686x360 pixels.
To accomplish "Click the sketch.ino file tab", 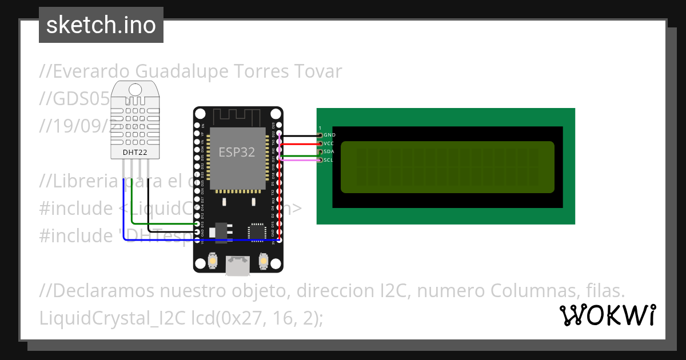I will (101, 25).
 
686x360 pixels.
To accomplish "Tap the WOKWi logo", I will (607, 315).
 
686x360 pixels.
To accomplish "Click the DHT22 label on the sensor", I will (135, 153).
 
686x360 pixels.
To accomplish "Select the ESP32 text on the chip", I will (237, 153).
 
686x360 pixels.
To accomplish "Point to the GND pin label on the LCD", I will (330, 135).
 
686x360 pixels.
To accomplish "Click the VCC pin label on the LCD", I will (329, 143).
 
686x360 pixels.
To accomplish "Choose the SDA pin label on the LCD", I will (329, 152).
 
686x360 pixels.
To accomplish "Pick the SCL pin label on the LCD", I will (329, 161).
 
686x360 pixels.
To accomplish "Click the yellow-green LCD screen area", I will (447, 167).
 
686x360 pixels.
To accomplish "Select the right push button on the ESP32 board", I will (264, 261).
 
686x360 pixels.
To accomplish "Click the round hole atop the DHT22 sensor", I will (135, 89).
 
